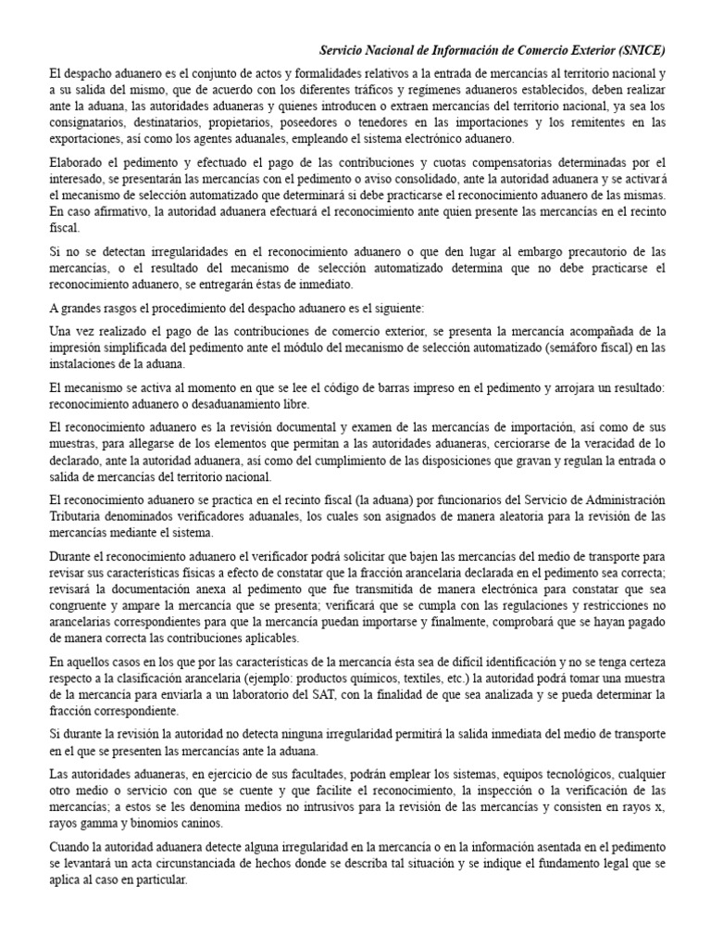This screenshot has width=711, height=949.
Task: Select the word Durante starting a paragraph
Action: coord(71,555)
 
